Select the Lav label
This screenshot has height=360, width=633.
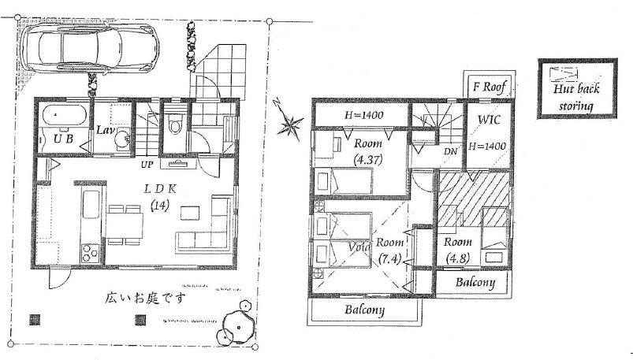pyautogui.click(x=106, y=129)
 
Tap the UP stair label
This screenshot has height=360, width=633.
pyautogui.click(x=146, y=165)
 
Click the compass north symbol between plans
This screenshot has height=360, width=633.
pyautogui.click(x=289, y=123)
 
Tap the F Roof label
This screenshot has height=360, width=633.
pyautogui.click(x=487, y=86)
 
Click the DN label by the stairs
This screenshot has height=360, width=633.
pyautogui.click(x=450, y=151)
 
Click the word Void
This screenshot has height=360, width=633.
pyautogui.click(x=360, y=246)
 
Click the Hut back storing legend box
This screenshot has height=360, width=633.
pyautogui.click(x=575, y=88)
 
